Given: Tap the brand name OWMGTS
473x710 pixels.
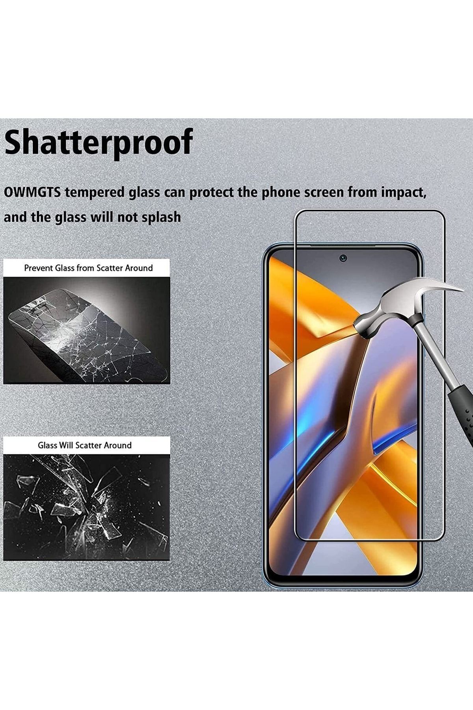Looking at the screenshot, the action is pyautogui.click(x=32, y=192).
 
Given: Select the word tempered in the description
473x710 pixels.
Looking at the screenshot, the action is pyautogui.click(x=95, y=193).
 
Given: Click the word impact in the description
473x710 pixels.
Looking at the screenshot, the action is pyautogui.click(x=404, y=193).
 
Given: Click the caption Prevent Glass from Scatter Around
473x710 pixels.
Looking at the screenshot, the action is pyautogui.click(x=88, y=268).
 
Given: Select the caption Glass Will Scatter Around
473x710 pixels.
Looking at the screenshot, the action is pyautogui.click(x=85, y=445).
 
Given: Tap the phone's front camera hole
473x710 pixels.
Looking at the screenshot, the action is pyautogui.click(x=344, y=258).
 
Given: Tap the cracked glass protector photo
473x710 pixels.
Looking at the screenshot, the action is pyautogui.click(x=87, y=330).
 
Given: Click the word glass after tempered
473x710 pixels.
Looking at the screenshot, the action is pyautogui.click(x=144, y=193).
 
